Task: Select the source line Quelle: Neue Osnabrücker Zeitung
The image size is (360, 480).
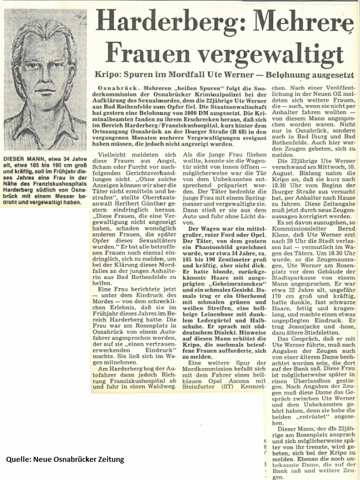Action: pyautogui.click(x=65, y=459)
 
